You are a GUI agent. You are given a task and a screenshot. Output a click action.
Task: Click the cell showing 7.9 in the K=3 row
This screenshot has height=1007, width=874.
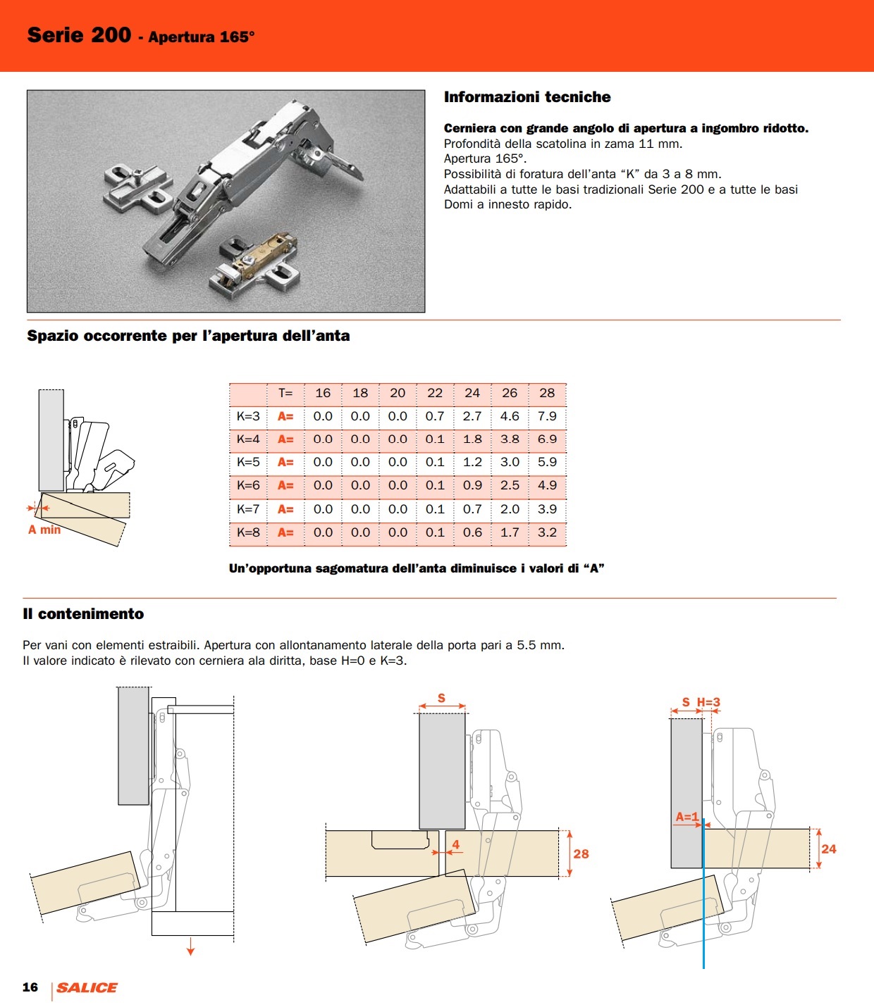(547, 416)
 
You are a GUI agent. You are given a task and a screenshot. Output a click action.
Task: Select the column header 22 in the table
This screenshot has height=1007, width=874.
(435, 393)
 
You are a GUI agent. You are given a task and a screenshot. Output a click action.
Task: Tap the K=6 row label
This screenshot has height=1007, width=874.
(248, 485)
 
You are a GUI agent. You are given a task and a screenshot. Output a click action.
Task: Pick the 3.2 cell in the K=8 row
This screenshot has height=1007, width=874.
(547, 532)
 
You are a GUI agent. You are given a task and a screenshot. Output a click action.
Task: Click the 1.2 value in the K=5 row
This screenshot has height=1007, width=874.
(472, 462)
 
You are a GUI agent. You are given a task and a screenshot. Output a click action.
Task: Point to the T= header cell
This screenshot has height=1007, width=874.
(285, 393)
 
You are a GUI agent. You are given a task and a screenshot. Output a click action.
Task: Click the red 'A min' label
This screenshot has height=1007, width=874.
(44, 530)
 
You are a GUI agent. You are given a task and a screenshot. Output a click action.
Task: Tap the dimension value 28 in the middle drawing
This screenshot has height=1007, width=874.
(581, 853)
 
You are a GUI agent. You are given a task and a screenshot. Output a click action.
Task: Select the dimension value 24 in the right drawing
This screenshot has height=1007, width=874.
(829, 849)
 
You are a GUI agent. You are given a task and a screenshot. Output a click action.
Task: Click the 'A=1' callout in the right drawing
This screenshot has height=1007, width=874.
(687, 817)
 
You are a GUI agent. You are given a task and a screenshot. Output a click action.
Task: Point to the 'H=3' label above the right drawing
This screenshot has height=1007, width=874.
(708, 702)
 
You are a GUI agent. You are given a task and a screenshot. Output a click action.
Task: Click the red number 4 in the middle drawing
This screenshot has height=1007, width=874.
(455, 844)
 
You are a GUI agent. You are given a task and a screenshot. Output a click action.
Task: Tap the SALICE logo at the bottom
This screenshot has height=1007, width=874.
(87, 987)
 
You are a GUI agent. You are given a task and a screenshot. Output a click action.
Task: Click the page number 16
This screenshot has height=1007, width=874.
(30, 987)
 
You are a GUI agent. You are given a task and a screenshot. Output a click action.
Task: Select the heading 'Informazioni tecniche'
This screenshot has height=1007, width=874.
(527, 97)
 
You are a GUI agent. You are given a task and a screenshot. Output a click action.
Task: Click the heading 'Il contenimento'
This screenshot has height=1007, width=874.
(83, 614)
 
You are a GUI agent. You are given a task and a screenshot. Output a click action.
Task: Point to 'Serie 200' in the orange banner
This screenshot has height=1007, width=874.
(79, 35)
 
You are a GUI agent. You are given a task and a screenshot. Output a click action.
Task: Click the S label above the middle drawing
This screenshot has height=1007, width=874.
(441, 698)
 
